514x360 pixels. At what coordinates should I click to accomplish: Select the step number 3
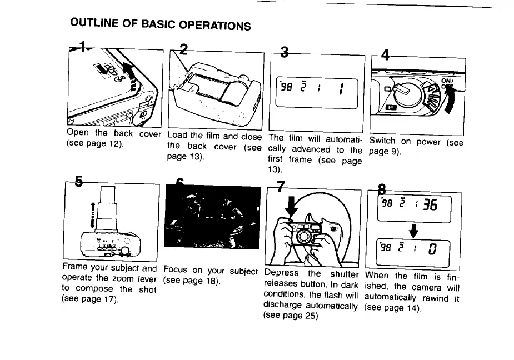click(x=285, y=53)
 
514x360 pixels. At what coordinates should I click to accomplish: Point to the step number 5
click(x=78, y=181)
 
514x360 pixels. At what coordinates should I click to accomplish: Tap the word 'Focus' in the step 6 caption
click(x=176, y=271)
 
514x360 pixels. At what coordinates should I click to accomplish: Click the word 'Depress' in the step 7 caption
click(x=281, y=273)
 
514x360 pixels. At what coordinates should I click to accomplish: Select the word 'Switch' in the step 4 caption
click(x=383, y=141)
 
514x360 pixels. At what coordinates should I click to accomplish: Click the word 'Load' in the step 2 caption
click(x=177, y=135)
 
